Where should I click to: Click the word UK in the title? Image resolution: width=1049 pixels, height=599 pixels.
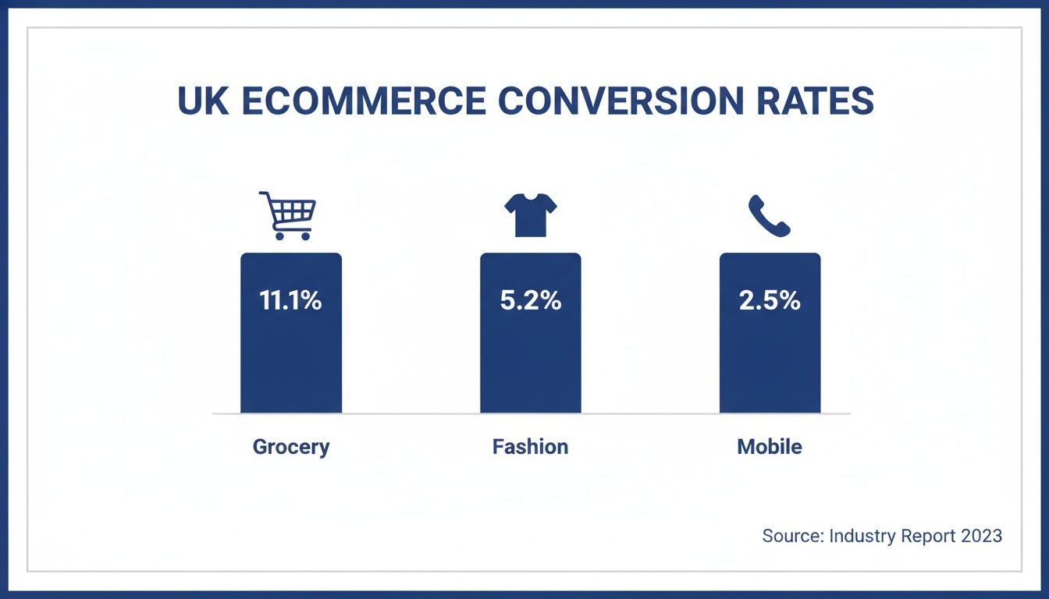click(x=203, y=101)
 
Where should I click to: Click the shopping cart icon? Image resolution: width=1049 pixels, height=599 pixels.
click(x=289, y=214)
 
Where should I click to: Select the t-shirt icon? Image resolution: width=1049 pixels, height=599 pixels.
click(x=530, y=215)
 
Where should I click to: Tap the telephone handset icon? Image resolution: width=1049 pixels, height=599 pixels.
click(x=769, y=216)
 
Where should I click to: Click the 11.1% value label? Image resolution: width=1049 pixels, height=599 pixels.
click(x=290, y=300)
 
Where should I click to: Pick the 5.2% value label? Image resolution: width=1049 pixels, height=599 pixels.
click(x=530, y=300)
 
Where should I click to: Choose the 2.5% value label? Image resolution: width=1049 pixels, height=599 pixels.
click(x=770, y=300)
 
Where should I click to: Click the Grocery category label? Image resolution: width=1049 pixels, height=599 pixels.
click(x=291, y=447)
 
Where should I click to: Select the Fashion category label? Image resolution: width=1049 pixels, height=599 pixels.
click(x=530, y=447)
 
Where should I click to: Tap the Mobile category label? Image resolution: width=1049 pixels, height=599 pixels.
click(x=770, y=447)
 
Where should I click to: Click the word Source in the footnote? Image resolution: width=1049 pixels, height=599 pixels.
click(x=791, y=536)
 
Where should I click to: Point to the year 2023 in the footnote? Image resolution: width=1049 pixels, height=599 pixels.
click(x=980, y=536)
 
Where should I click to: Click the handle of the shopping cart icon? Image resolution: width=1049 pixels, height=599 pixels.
click(x=264, y=195)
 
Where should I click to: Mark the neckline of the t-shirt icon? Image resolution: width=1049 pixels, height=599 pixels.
click(x=530, y=197)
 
